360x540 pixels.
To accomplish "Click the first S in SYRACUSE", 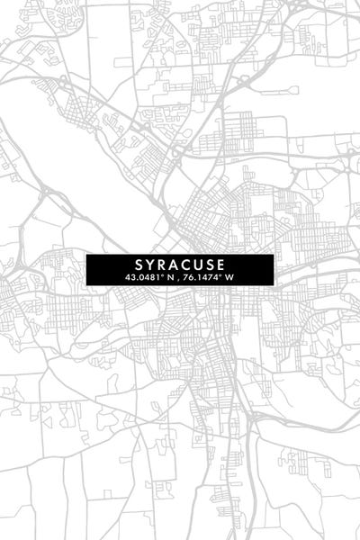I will (x=138, y=265).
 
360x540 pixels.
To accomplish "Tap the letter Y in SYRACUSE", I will (x=149, y=265).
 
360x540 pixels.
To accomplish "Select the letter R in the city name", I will (x=161, y=265).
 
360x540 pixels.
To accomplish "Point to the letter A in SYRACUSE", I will (x=174, y=265).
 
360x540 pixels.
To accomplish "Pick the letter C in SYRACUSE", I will (x=186, y=265).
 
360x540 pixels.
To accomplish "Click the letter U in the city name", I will (x=199, y=265).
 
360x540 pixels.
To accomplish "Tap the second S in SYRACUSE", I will (x=211, y=265).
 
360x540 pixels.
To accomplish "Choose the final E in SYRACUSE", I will (x=222, y=265).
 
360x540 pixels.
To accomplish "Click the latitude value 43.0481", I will (x=143, y=278).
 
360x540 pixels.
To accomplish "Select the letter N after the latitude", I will (x=169, y=278).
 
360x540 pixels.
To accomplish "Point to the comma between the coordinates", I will (x=180, y=279).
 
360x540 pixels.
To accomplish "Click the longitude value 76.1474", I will (x=202, y=278).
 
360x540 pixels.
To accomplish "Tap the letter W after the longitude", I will (x=229, y=278).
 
